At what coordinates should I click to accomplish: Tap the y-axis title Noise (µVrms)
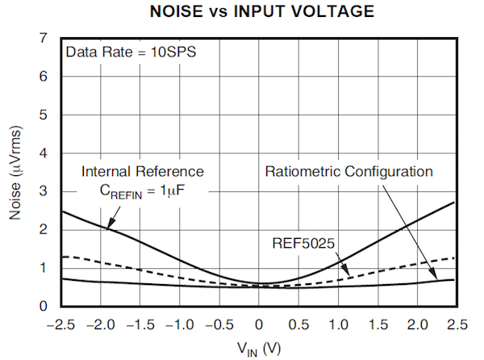click(18, 173)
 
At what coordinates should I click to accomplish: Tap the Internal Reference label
click(143, 171)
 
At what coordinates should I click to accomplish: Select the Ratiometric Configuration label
click(349, 171)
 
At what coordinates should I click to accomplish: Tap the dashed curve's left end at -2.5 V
click(61, 257)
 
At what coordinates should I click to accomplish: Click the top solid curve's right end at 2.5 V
click(457, 202)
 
